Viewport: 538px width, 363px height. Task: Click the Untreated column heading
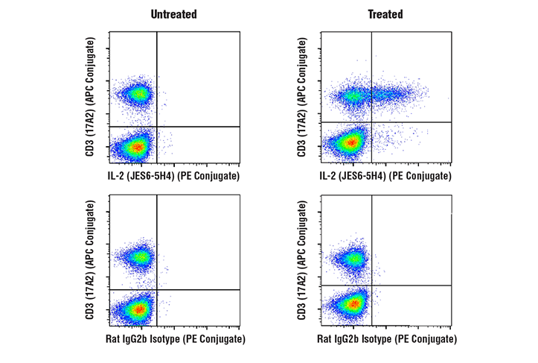[x=173, y=14]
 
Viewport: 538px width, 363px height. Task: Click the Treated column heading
[x=385, y=14]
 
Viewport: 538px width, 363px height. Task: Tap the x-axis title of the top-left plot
[x=174, y=176]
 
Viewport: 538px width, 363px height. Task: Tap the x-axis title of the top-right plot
[x=386, y=176]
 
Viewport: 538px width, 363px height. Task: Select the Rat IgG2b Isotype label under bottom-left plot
[x=176, y=339]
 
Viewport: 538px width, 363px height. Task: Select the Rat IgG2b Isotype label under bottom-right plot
[x=388, y=339]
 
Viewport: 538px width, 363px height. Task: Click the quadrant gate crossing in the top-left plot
[x=157, y=127]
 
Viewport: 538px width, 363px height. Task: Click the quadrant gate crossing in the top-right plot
[x=371, y=121]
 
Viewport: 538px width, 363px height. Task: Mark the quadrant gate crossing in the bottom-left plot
[x=157, y=289]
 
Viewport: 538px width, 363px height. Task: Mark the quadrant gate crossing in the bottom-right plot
[x=371, y=285]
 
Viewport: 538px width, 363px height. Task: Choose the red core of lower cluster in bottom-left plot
[x=137, y=309]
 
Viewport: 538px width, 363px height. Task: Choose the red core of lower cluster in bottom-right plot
[x=352, y=303]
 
